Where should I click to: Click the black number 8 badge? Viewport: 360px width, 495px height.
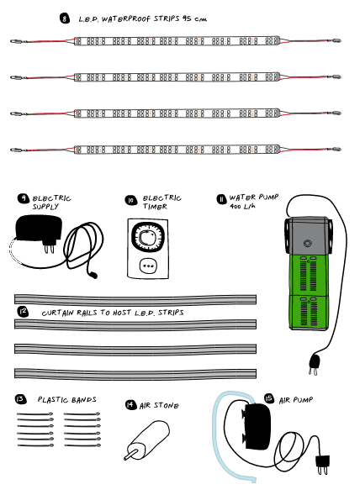pyautogui.click(x=65, y=18)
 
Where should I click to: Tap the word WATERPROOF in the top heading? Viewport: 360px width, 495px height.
pyautogui.click(x=126, y=19)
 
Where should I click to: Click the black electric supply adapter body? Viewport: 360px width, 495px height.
pyautogui.click(x=39, y=228)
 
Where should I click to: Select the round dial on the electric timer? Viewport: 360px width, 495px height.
pyautogui.click(x=148, y=237)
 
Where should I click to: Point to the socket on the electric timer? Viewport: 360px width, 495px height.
pyautogui.click(x=148, y=266)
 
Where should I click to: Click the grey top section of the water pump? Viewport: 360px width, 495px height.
pyautogui.click(x=308, y=235)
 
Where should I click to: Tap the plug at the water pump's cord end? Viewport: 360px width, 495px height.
pyautogui.click(x=314, y=364)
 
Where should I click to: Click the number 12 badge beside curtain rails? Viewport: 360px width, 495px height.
pyautogui.click(x=23, y=312)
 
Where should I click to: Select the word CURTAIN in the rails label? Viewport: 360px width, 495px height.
pyautogui.click(x=57, y=313)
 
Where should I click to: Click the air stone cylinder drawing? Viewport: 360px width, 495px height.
pyautogui.click(x=147, y=440)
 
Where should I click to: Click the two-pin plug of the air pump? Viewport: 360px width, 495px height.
pyautogui.click(x=323, y=463)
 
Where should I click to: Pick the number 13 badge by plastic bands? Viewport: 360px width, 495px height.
pyautogui.click(x=20, y=399)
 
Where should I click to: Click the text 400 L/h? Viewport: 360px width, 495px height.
pyautogui.click(x=242, y=206)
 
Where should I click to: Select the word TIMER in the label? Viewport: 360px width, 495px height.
pyautogui.click(x=155, y=207)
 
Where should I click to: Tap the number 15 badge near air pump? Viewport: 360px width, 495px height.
pyautogui.click(x=269, y=398)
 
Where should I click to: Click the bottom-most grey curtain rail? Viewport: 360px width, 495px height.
pyautogui.click(x=135, y=373)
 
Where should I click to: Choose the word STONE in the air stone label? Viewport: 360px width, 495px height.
pyautogui.click(x=166, y=405)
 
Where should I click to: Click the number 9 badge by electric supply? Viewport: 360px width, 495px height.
pyautogui.click(x=24, y=198)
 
